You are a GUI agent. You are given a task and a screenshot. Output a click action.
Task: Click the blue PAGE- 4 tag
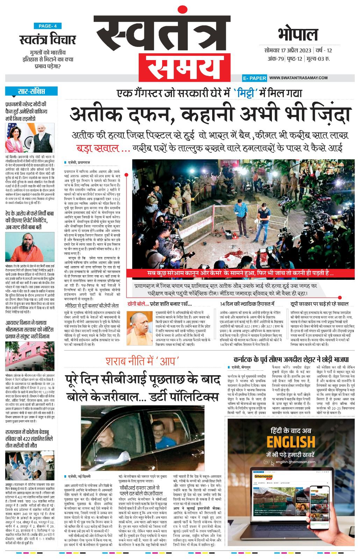pos(48,26)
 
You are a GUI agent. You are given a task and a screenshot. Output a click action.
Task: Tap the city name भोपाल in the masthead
pos(298,35)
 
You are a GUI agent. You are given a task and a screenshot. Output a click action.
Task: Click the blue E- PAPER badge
pos(254,78)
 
